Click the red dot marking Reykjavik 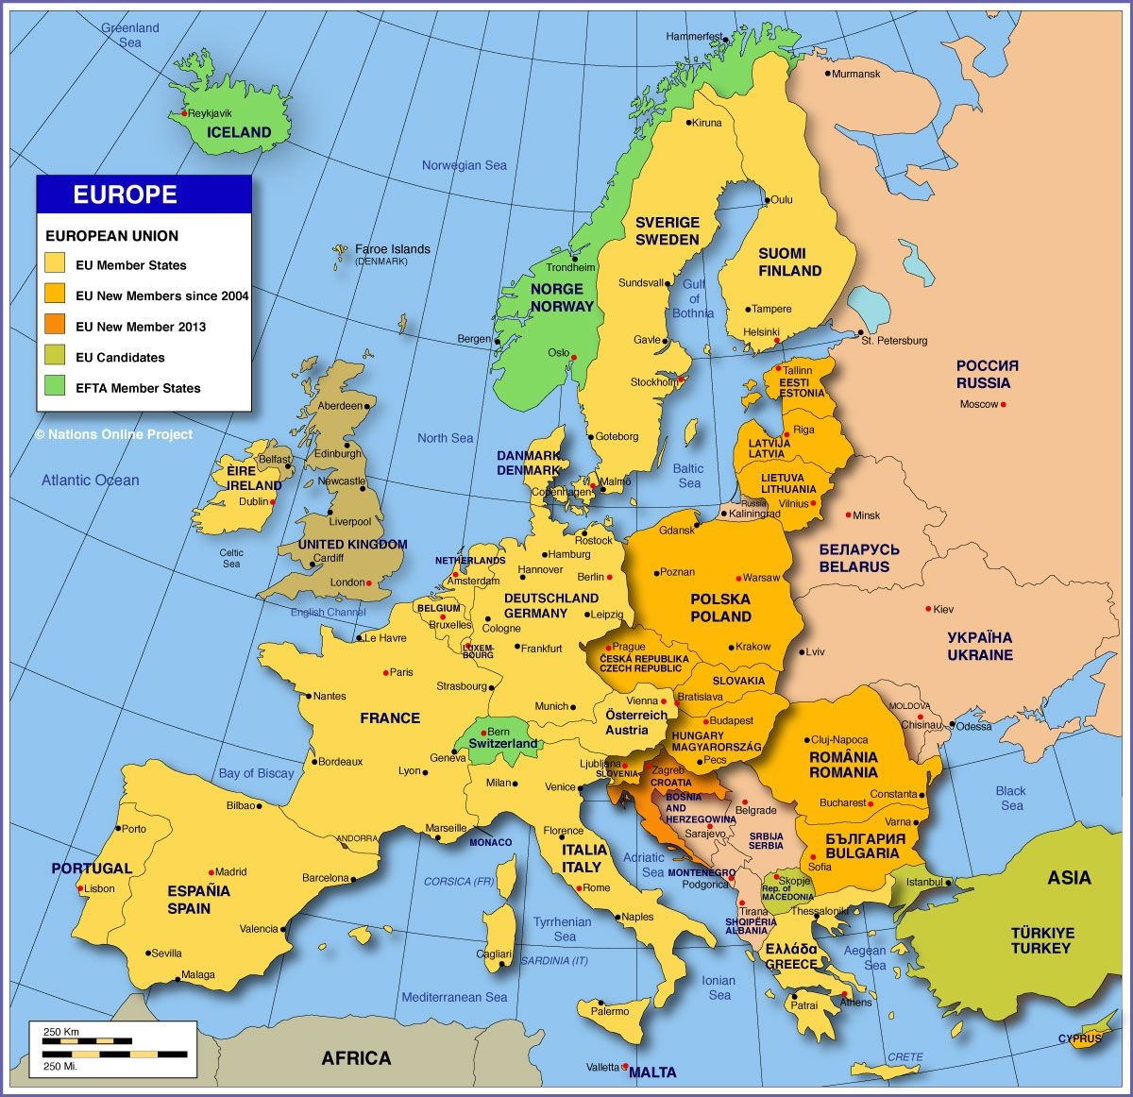click(183, 114)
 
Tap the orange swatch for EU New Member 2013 click(55, 326)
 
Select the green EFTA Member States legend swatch click(55, 387)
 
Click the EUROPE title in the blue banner click(126, 194)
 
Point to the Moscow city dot click(1004, 405)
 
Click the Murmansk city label click(857, 74)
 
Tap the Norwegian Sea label click(464, 165)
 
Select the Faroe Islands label click(392, 249)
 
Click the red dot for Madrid click(211, 872)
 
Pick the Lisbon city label click(100, 888)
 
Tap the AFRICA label click(356, 1058)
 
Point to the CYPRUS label click(1079, 1038)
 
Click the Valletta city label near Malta click(602, 1068)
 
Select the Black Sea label click(1010, 798)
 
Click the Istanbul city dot click(948, 883)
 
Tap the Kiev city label click(943, 609)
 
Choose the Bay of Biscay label click(256, 773)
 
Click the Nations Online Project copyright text click(114, 434)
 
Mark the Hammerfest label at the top click(694, 37)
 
